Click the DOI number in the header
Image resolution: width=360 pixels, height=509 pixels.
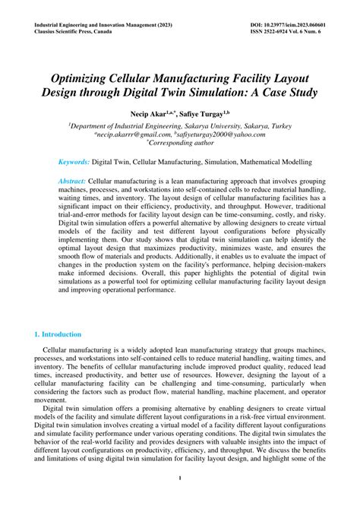[287, 24]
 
